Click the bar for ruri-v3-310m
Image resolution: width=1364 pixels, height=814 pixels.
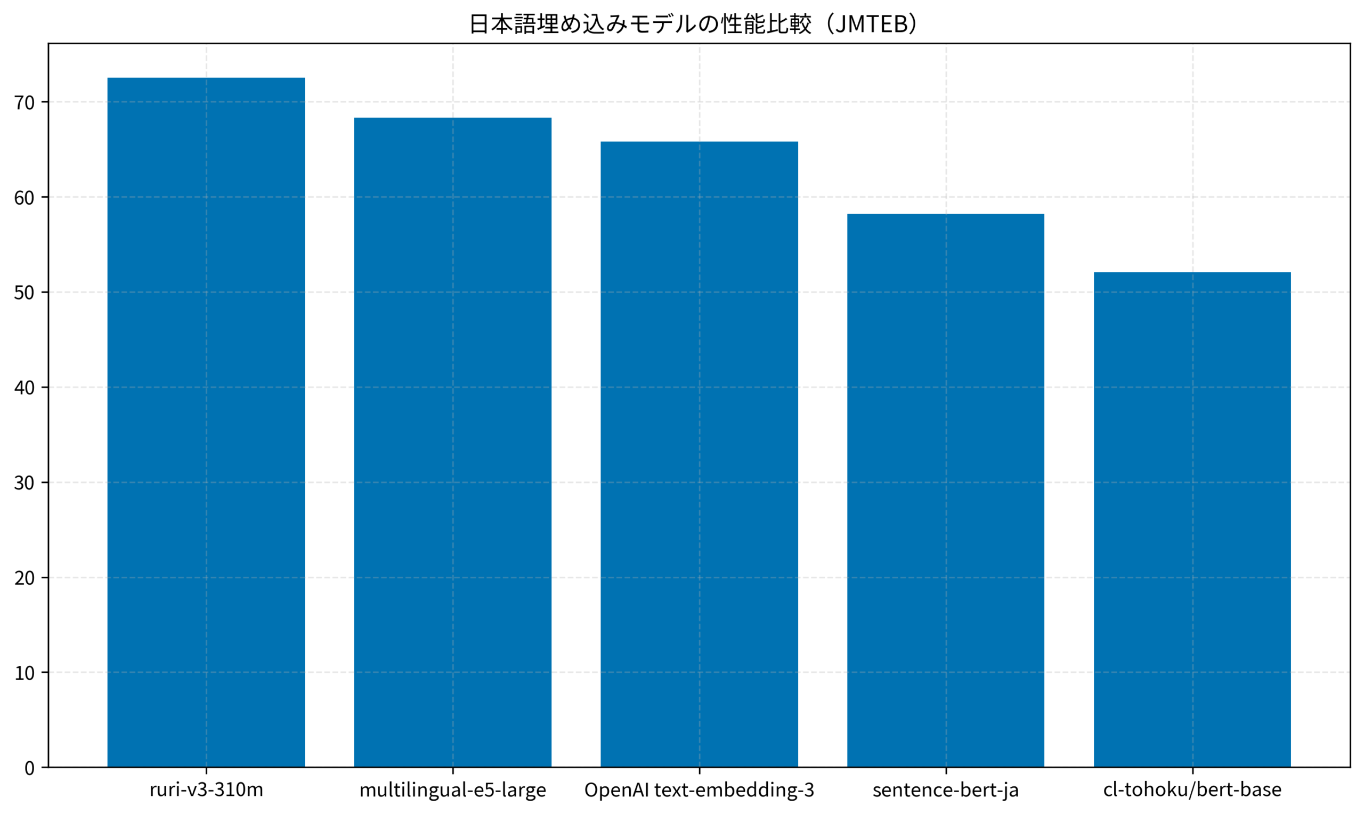pyautogui.click(x=206, y=422)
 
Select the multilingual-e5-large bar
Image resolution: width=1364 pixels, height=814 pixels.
pyautogui.click(x=452, y=442)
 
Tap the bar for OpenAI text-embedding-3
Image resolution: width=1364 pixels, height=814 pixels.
pyautogui.click(x=699, y=454)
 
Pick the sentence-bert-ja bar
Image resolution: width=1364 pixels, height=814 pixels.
pyautogui.click(x=946, y=490)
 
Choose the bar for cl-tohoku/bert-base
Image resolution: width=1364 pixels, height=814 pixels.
pyautogui.click(x=1192, y=519)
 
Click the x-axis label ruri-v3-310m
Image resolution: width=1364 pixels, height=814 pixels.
pyautogui.click(x=206, y=791)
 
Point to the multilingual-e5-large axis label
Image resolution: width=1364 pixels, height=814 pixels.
pyautogui.click(x=452, y=791)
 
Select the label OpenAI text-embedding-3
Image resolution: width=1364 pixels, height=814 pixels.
pyautogui.click(x=699, y=791)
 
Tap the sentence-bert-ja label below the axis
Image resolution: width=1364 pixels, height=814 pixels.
pyautogui.click(x=946, y=791)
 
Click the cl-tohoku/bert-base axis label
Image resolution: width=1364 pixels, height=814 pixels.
pyautogui.click(x=1192, y=791)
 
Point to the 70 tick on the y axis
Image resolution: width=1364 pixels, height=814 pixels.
pyautogui.click(x=24, y=102)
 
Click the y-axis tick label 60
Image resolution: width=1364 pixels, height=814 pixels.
pyautogui.click(x=24, y=197)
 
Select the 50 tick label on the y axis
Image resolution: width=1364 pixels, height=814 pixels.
pyautogui.click(x=24, y=292)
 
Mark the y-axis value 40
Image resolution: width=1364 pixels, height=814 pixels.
pyautogui.click(x=24, y=388)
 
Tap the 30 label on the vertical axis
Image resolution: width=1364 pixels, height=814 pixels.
pyautogui.click(x=24, y=482)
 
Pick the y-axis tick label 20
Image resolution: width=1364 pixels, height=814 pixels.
pyautogui.click(x=24, y=578)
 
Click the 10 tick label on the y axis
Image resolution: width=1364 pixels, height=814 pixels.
pyautogui.click(x=24, y=673)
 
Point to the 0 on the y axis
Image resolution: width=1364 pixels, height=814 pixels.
pyautogui.click(x=30, y=768)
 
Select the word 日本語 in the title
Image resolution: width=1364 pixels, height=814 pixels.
pyautogui.click(x=502, y=24)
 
